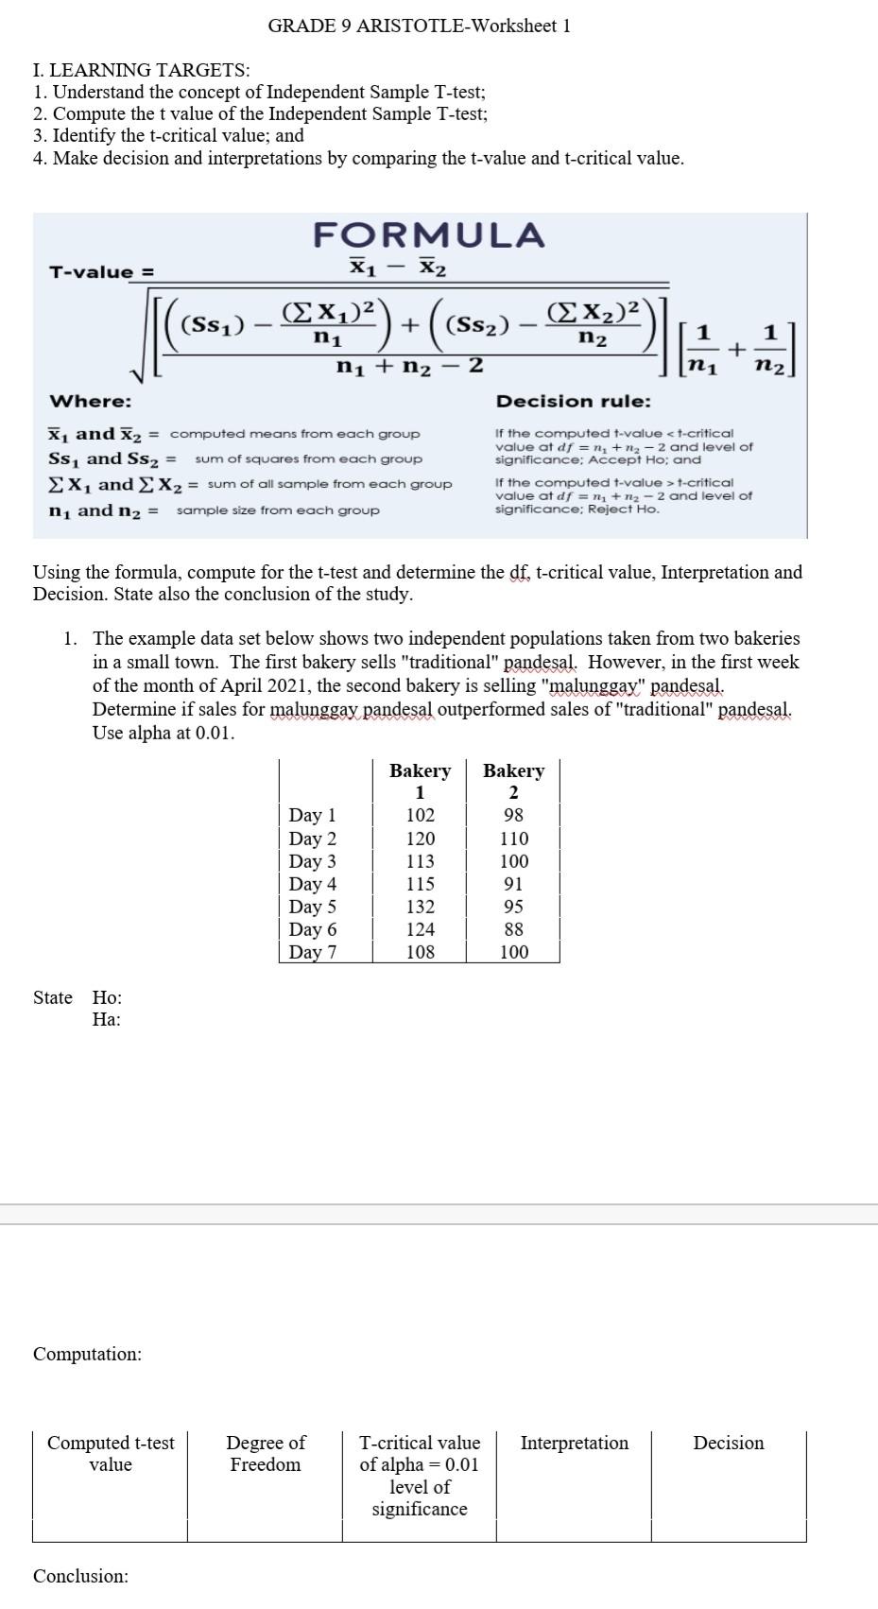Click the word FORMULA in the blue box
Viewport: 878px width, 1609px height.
coord(429,234)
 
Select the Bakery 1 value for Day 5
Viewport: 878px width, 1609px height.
coord(420,907)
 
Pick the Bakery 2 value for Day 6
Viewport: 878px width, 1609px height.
coord(513,929)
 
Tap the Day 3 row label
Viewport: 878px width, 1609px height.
coord(312,861)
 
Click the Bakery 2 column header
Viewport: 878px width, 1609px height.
coord(513,781)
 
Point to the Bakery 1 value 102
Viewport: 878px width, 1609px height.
coord(420,815)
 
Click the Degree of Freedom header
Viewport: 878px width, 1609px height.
coord(265,1453)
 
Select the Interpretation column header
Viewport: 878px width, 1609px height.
coord(574,1443)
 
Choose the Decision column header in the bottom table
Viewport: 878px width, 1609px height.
coord(728,1443)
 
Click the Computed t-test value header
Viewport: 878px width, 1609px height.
coord(111,1453)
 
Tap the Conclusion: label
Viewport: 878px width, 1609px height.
coord(80,1576)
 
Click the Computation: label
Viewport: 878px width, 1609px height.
coord(87,1354)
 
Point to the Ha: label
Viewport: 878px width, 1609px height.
coord(106,1019)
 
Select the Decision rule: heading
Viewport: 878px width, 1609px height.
coord(573,402)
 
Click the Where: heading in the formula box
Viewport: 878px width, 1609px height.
coord(90,402)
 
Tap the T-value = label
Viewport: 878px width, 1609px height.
coord(101,272)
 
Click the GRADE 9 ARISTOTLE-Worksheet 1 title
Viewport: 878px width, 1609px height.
coord(419,26)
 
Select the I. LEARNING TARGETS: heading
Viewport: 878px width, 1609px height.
coord(141,70)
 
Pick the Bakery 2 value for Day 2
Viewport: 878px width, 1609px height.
coord(513,839)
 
